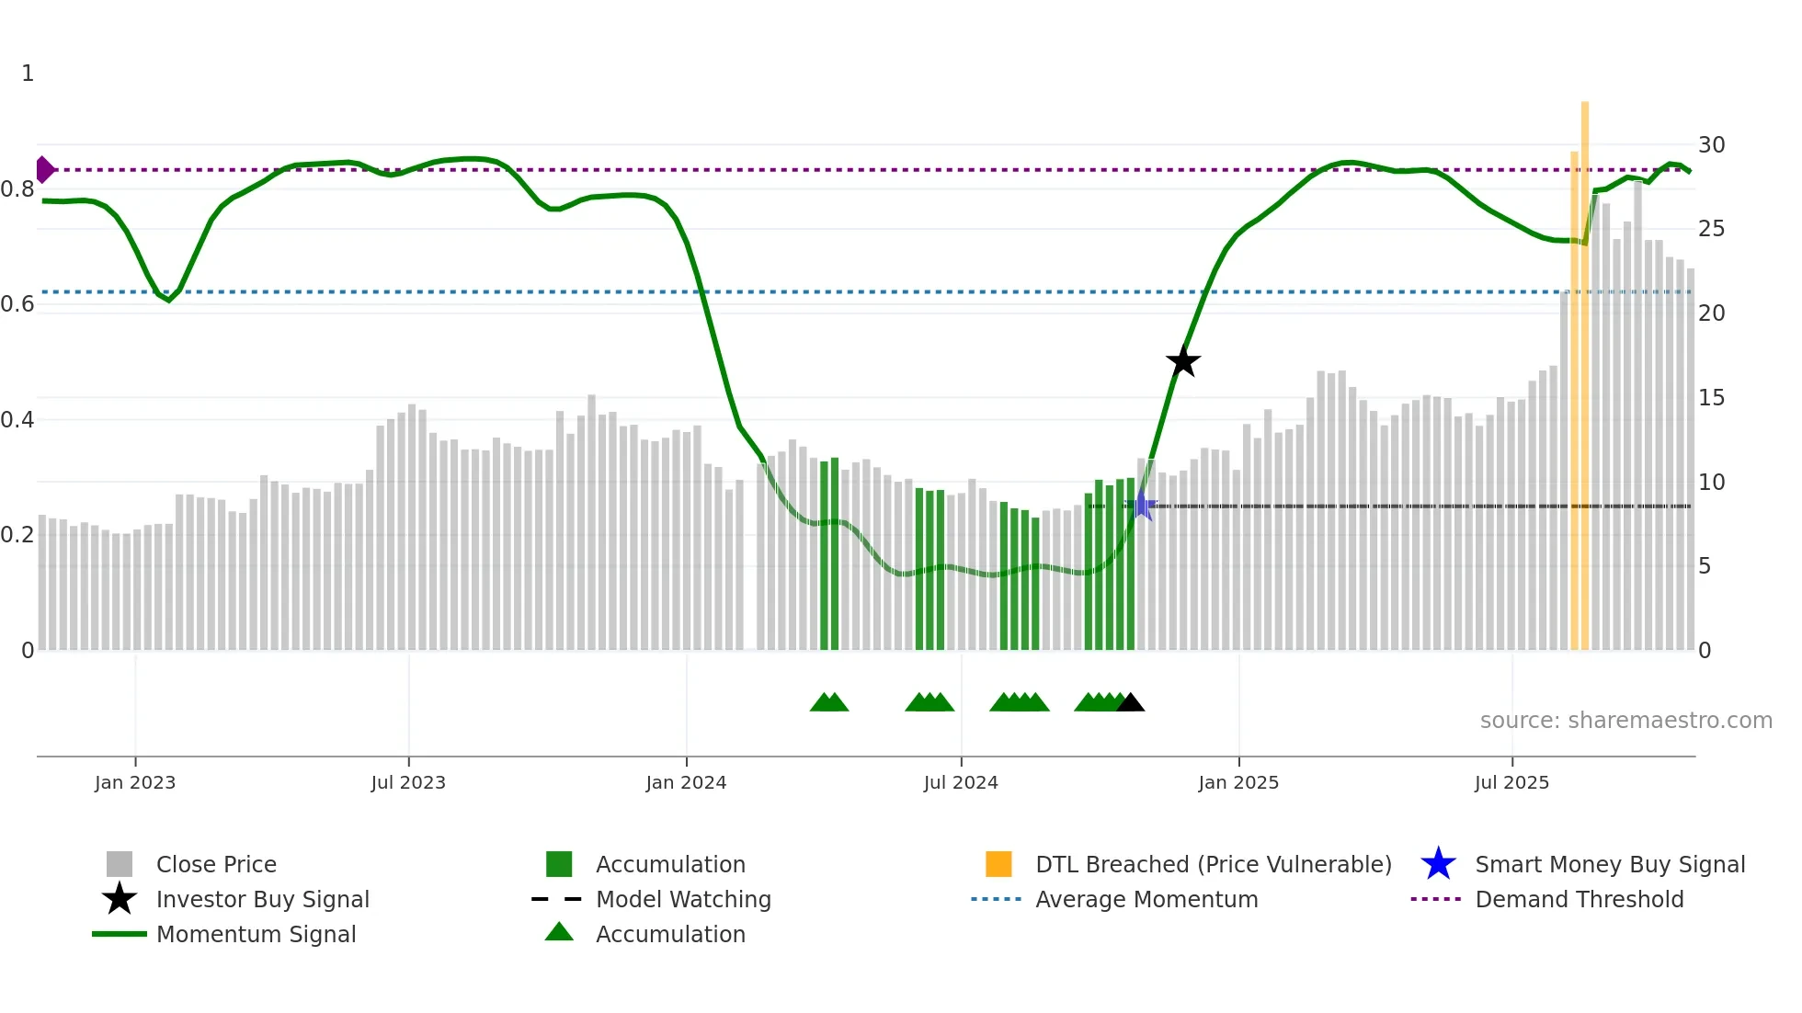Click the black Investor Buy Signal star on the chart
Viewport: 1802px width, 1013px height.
tap(1183, 361)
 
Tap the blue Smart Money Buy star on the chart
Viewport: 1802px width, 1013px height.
tap(1141, 505)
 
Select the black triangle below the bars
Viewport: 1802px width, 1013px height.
tap(1130, 703)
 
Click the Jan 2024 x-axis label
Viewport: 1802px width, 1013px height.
tap(686, 782)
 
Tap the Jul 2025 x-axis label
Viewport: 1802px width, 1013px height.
tap(1511, 782)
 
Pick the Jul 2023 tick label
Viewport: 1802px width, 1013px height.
tap(408, 782)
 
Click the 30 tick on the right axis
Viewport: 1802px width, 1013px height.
tap(1711, 145)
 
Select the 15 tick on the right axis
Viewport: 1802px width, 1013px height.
tap(1711, 398)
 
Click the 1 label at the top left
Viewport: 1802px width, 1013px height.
tap(28, 74)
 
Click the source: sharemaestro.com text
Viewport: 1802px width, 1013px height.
tap(1625, 721)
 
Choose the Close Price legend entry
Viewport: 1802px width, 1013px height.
tap(216, 864)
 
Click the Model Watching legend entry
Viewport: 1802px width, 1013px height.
tap(683, 899)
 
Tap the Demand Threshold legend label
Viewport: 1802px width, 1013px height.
tap(1579, 899)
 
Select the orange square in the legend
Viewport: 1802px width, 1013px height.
tap(998, 864)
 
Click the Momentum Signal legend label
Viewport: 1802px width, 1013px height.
tap(256, 934)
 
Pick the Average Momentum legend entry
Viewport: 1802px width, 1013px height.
tap(1146, 899)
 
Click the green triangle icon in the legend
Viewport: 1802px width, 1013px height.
tap(559, 933)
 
